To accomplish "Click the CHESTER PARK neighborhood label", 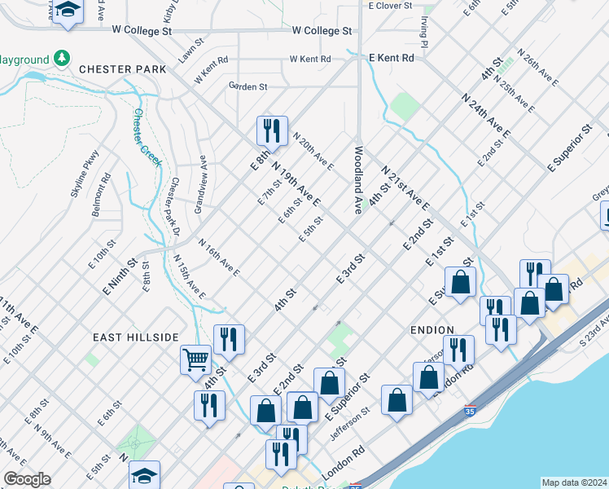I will (122, 69).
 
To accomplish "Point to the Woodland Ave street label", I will (357, 179).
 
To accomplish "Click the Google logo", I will (27, 479).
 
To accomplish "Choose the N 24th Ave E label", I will (486, 115).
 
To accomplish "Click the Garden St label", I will (248, 86).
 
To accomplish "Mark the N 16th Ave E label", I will (219, 258).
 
